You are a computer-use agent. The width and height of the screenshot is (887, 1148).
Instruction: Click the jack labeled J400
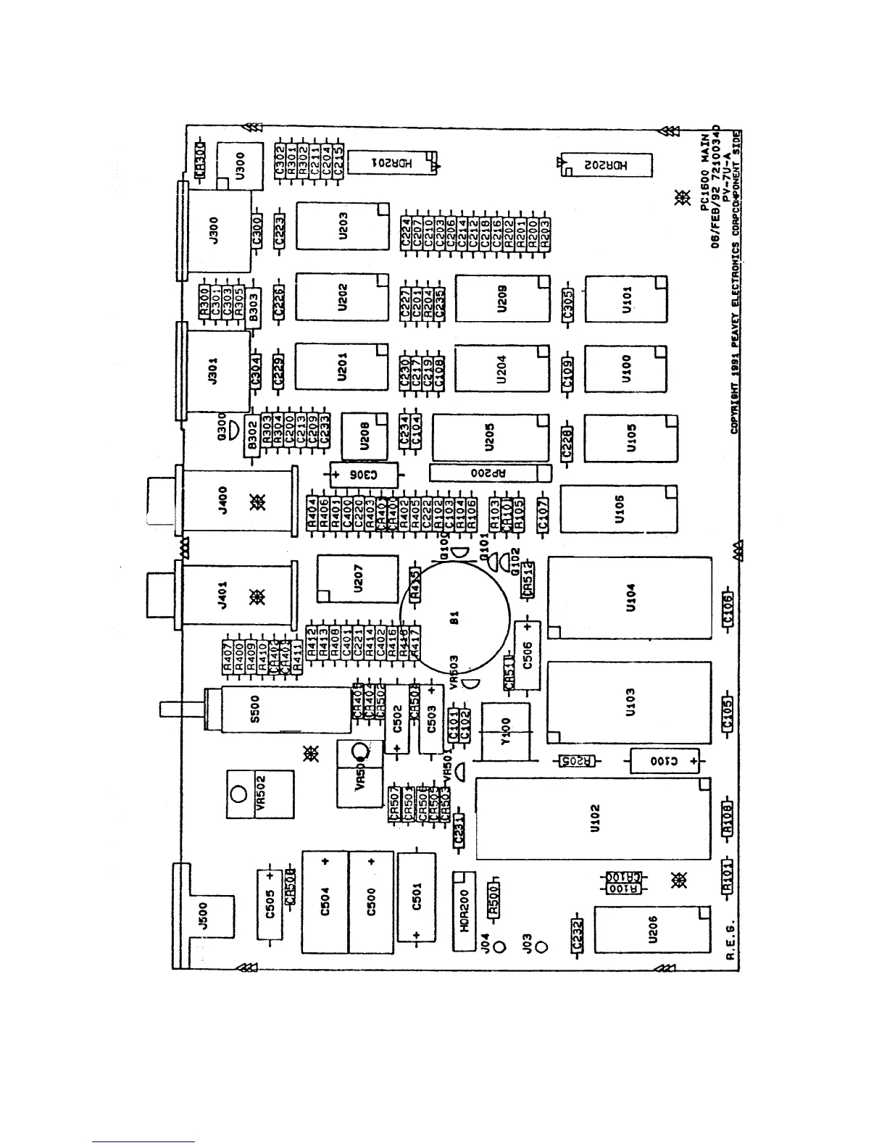[236, 501]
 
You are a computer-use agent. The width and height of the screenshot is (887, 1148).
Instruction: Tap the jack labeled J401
[236, 596]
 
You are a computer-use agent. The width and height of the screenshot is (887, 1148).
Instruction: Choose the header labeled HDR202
[607, 165]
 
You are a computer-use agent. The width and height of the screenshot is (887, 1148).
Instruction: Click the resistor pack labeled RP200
[490, 473]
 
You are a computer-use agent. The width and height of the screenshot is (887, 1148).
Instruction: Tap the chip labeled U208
[365, 436]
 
